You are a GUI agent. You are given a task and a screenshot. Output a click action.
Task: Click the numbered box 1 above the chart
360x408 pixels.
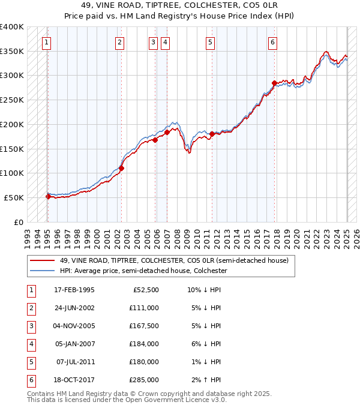coord(46,42)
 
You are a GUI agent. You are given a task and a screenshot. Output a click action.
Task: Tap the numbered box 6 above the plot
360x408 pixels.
coord(272,42)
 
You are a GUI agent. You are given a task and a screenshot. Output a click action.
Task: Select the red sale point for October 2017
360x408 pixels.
coord(274,83)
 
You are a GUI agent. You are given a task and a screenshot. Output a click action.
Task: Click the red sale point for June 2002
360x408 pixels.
coord(121,168)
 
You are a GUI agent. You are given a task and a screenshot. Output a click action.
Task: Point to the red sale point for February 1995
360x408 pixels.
coord(48,196)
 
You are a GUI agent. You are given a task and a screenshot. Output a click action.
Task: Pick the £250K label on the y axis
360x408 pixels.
coord(12,100)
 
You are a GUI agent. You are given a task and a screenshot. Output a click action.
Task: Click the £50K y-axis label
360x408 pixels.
coord(14,197)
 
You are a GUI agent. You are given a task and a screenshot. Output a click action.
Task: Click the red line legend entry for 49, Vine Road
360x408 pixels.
coord(174,261)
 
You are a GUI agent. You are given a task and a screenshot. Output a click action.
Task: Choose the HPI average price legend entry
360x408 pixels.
coord(143,271)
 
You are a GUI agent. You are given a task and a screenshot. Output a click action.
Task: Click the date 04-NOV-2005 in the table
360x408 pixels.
coord(74,326)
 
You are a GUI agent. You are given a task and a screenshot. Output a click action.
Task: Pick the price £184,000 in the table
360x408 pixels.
coord(143,344)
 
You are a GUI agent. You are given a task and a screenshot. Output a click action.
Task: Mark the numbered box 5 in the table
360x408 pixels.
coord(31,362)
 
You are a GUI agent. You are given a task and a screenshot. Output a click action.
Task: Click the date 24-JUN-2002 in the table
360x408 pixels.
coord(74,308)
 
